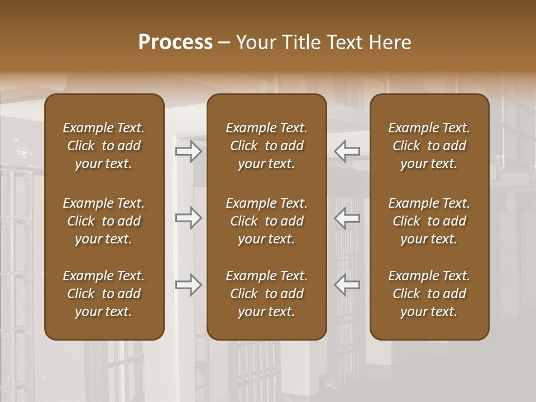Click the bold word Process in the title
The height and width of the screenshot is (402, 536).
175,42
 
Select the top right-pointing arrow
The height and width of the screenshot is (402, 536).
189,151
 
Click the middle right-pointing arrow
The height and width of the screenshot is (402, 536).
189,218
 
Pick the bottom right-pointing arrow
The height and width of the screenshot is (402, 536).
189,285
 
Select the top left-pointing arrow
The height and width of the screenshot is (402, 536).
347,151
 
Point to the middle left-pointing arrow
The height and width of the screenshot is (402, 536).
347,218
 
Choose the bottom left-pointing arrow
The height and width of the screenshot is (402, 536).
347,285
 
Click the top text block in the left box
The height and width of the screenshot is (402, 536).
104,146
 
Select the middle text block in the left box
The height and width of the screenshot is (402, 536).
104,221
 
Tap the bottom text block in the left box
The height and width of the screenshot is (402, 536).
104,294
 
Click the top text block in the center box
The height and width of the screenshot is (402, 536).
267,146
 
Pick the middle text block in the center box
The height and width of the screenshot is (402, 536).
267,221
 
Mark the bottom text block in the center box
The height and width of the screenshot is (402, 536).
267,294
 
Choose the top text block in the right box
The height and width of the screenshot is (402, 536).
429,146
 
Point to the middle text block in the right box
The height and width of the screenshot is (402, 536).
429,221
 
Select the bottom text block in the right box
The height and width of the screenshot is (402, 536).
429,294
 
